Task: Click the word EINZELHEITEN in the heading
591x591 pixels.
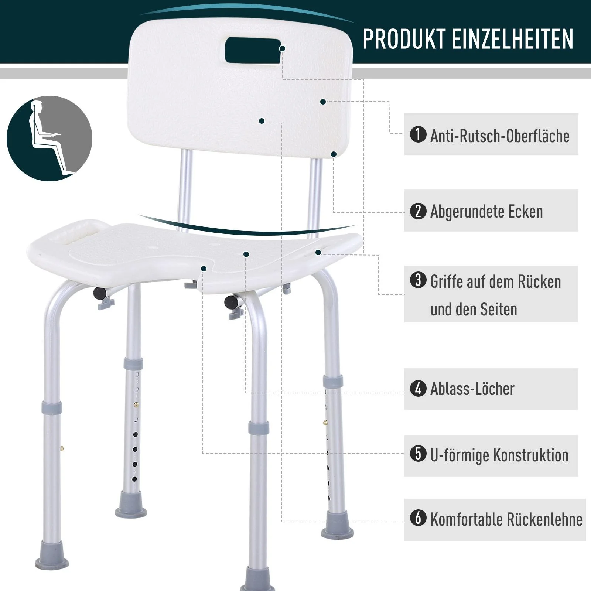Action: [513, 39]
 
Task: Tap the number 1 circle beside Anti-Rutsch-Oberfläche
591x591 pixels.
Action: [418, 134]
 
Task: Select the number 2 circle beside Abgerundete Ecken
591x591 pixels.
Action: [418, 211]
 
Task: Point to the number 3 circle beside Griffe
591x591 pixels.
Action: [418, 280]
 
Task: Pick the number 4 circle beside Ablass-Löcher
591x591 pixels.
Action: [418, 389]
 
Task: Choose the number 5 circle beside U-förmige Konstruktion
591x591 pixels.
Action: [418, 454]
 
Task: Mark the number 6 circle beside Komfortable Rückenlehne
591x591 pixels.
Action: [418, 518]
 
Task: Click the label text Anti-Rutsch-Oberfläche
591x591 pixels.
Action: [500, 136]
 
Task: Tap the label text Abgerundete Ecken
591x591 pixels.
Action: [486, 211]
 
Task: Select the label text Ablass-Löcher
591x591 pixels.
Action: [472, 389]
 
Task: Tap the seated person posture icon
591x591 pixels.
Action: [49, 139]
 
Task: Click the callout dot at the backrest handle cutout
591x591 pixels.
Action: [282, 49]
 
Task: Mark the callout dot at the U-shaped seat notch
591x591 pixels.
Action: [204, 269]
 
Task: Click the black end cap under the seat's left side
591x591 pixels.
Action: [99, 294]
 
